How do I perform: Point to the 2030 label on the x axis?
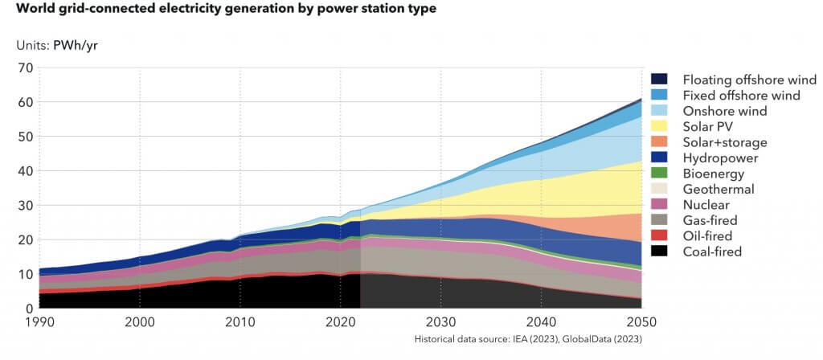(440, 321)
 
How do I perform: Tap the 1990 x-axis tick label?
(40, 321)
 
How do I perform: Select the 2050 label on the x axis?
(641, 321)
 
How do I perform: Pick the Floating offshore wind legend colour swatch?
(660, 79)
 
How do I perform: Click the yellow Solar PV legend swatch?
(660, 126)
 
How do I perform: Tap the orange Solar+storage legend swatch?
(660, 142)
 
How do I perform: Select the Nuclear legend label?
(706, 205)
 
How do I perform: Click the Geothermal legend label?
(719, 189)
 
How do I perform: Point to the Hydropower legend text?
(720, 157)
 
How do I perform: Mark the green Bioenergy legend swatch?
(660, 174)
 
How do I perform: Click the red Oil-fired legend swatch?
(660, 236)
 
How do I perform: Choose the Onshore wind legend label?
(725, 111)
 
